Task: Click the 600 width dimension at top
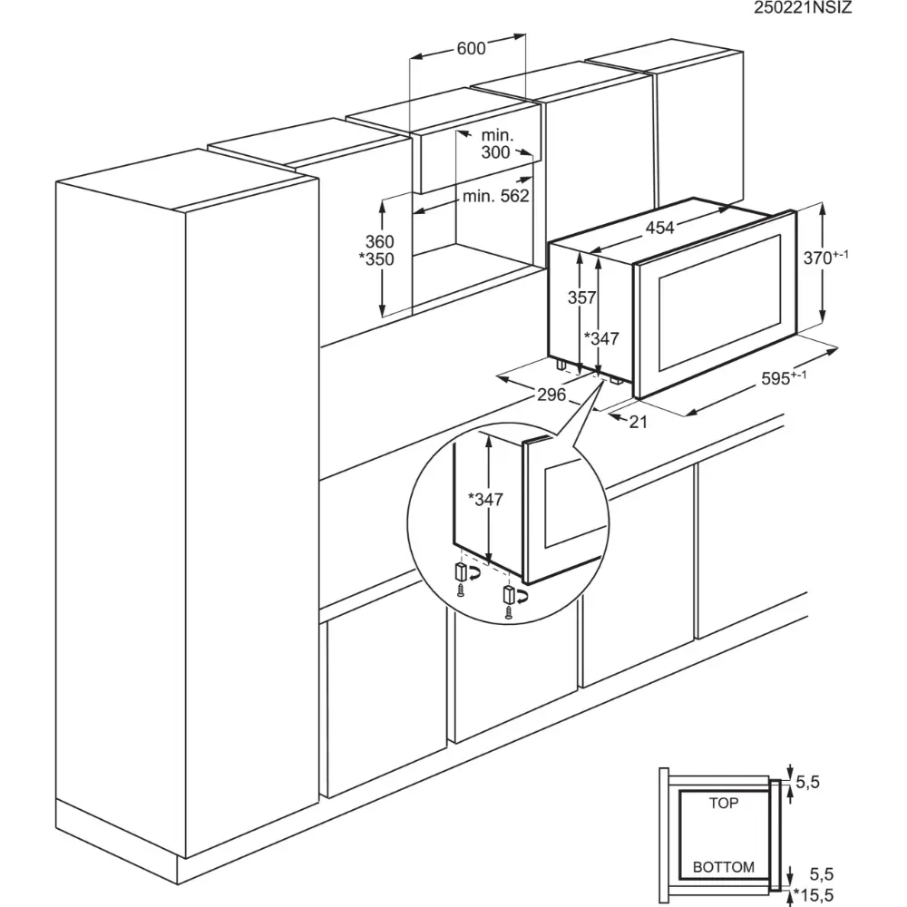tap(471, 49)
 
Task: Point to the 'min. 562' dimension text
tap(495, 196)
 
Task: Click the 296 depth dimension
tap(551, 395)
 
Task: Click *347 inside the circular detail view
tap(486, 499)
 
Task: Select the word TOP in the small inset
tap(724, 803)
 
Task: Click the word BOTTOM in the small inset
tap(724, 867)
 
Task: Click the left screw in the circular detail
tap(462, 590)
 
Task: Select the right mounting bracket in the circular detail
tap(510, 595)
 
